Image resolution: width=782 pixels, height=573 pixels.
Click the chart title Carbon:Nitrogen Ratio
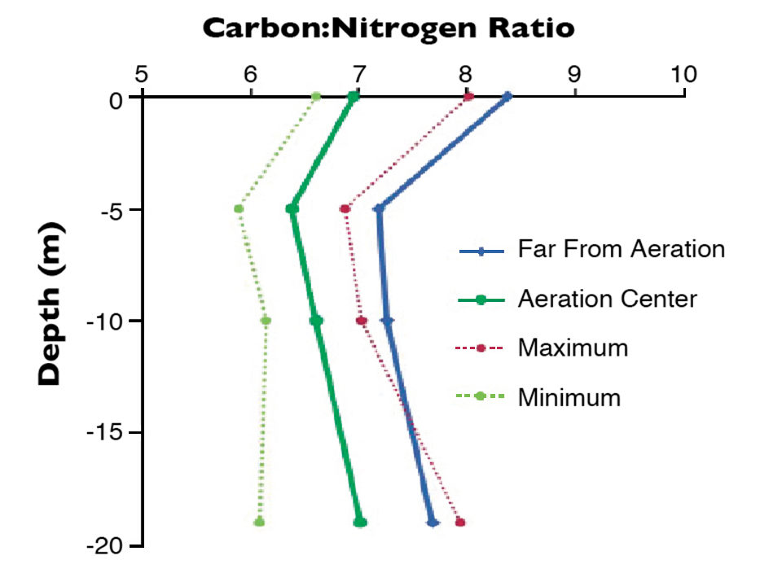tap(389, 28)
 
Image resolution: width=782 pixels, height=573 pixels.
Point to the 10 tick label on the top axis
tap(683, 74)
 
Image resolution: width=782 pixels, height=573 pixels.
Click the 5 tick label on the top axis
tap(142, 74)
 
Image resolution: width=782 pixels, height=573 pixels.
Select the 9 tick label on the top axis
tap(574, 74)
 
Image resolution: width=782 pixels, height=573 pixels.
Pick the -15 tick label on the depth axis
tap(104, 432)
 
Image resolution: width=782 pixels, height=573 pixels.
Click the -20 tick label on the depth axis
tap(104, 545)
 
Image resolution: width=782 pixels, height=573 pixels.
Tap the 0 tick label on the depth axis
tap(116, 98)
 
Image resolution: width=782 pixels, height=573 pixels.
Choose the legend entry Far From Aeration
tap(621, 249)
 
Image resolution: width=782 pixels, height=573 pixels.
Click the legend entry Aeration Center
tap(607, 299)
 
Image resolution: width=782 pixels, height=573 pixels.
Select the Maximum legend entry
tap(573, 348)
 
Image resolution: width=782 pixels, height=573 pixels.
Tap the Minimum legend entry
tap(569, 397)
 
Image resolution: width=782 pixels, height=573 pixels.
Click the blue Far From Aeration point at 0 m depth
tap(507, 97)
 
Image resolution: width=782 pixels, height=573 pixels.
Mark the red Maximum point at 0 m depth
tap(468, 97)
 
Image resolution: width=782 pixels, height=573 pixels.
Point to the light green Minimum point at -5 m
tap(239, 209)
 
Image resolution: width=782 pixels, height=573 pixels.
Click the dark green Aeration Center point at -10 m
tap(316, 321)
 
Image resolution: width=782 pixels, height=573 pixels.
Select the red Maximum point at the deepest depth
tap(460, 522)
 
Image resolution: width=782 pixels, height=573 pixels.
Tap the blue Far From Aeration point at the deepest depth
tap(433, 523)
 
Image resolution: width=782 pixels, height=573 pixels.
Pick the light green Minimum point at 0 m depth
tap(316, 97)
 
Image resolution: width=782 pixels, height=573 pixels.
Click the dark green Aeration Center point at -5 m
tap(292, 209)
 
